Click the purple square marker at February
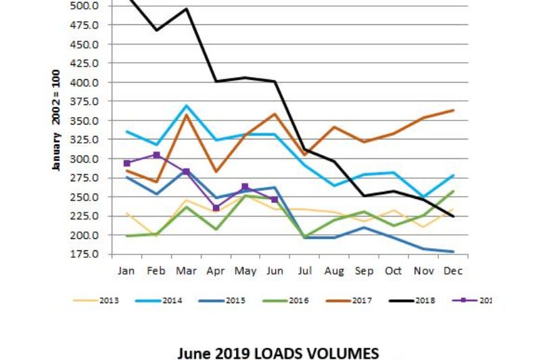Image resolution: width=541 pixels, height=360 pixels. click(x=157, y=155)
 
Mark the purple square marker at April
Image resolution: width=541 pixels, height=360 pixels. click(x=216, y=208)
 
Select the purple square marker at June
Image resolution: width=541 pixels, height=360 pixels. click(x=275, y=199)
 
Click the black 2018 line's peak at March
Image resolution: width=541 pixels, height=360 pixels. click(x=187, y=9)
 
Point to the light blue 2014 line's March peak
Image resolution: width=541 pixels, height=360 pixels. click(x=187, y=106)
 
